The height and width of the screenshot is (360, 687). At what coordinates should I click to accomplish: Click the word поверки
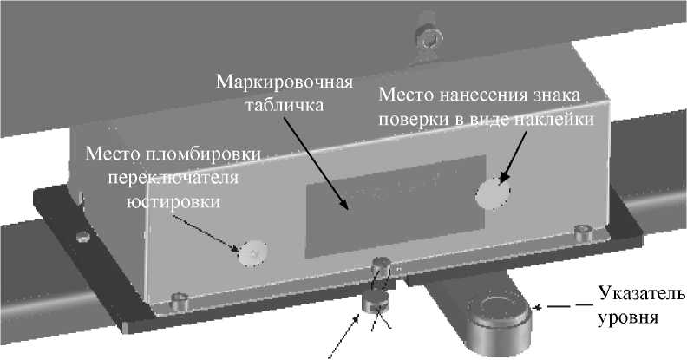[412, 119]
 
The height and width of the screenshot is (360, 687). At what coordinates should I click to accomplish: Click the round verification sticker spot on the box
[493, 193]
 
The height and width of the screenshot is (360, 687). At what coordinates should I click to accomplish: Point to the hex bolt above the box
[427, 36]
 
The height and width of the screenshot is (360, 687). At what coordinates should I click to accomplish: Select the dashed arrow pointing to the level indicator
[564, 305]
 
